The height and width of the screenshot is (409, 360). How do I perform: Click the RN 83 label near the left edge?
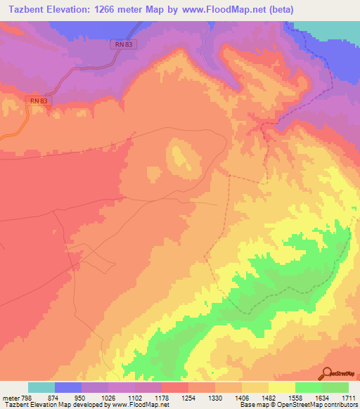[x=39, y=101]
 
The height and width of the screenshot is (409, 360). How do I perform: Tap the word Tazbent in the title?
[x=22, y=10]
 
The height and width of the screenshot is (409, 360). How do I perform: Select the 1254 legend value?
[x=188, y=396]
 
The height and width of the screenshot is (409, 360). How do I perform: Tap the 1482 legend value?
[x=269, y=396]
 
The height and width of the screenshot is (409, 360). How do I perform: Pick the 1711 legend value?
[x=348, y=396]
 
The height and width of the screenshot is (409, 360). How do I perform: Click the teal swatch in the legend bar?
[x=41, y=387]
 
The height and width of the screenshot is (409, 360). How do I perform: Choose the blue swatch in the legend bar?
[x=67, y=387]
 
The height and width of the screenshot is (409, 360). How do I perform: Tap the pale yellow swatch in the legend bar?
[x=281, y=387]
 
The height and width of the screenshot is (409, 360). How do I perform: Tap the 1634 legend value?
[x=322, y=396]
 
